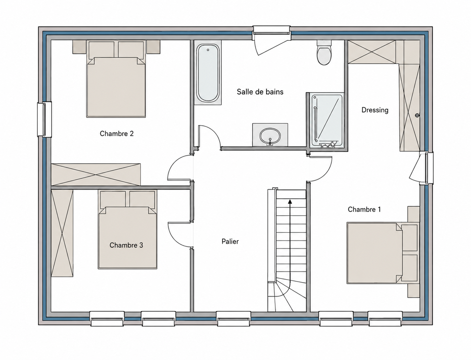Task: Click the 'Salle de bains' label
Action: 260,92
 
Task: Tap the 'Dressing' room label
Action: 375,110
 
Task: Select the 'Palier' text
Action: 230,242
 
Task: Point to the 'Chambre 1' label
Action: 364,209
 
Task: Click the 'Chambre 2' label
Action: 117,134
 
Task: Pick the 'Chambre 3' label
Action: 126,245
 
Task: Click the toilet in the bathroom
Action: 324,53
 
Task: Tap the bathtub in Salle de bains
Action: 208,73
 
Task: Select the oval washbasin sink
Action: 270,136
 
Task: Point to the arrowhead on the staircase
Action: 290,201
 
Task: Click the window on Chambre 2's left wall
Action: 44,119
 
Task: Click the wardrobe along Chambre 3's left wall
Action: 62,233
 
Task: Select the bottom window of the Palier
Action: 234,319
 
